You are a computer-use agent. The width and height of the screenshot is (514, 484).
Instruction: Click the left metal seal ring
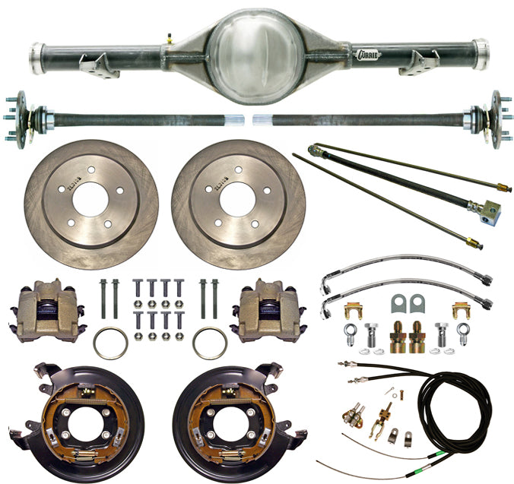[110, 343]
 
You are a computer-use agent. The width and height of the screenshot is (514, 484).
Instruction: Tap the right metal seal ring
[209, 343]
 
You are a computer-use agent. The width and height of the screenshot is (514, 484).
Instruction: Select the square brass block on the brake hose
[484, 207]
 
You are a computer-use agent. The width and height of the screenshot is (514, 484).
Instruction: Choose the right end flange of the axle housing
[479, 53]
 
